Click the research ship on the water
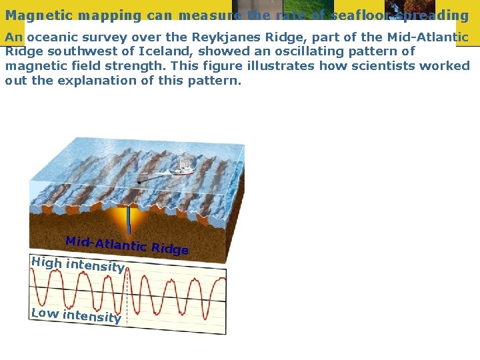[x=182, y=171]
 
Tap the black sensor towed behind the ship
[x=139, y=181]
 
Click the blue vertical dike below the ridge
[x=129, y=219]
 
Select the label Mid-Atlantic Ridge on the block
[x=127, y=245]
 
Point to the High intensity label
[x=77, y=265]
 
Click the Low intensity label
[x=76, y=315]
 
